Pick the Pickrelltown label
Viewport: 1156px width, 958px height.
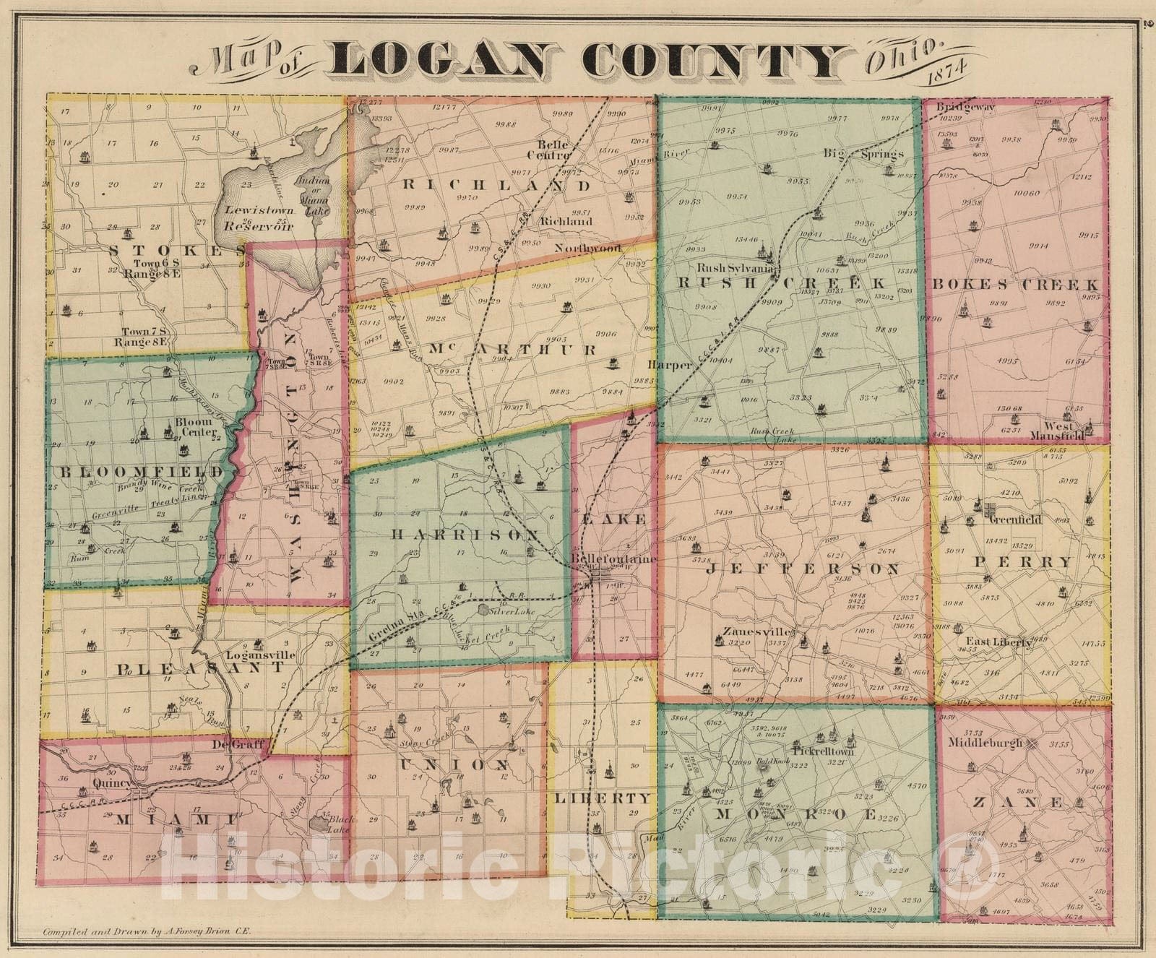(823, 751)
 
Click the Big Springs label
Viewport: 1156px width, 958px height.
(864, 153)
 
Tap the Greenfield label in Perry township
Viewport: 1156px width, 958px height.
(1015, 519)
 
